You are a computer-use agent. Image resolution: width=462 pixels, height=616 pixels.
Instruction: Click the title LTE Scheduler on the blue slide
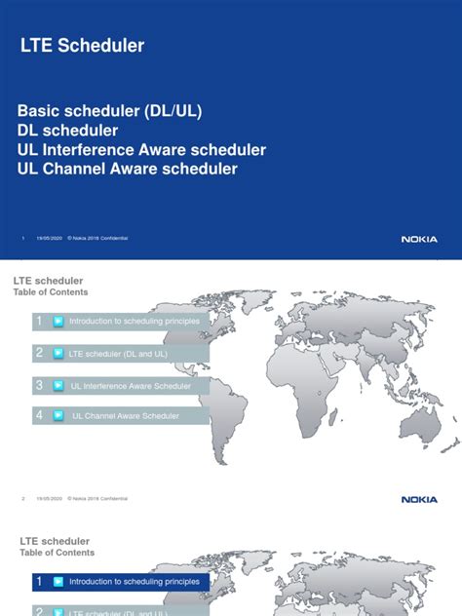[x=83, y=45]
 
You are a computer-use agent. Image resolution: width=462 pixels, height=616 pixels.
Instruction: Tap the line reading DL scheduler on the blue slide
[x=68, y=131]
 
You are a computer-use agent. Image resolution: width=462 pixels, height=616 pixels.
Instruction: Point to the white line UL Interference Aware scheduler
[x=141, y=150]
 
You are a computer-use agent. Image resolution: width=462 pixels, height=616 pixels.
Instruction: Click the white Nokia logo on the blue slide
[x=419, y=239]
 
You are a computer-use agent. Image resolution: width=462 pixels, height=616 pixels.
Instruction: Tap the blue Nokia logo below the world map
[x=419, y=499]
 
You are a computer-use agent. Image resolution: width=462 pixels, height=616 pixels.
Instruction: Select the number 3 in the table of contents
[x=39, y=385]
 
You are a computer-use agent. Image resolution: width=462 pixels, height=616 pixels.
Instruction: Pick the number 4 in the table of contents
[x=39, y=415]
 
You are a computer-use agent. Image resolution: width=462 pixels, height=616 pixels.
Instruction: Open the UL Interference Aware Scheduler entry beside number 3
[x=137, y=385]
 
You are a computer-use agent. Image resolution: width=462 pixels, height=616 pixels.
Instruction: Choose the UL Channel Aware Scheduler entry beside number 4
[x=127, y=416]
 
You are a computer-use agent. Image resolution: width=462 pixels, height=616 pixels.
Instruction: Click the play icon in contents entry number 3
[x=58, y=385]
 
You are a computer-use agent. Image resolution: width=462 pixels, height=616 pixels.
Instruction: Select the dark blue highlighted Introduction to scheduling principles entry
[x=135, y=582]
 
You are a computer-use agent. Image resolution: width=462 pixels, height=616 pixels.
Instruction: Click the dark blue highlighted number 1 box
[x=39, y=582]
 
